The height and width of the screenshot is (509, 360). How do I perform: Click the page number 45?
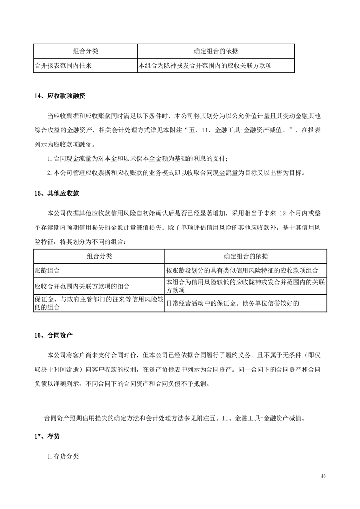point(323,475)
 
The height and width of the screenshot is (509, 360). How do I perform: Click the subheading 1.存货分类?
point(63,456)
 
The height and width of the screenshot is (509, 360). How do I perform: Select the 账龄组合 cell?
point(47,270)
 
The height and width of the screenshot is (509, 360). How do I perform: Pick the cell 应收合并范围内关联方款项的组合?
point(82,286)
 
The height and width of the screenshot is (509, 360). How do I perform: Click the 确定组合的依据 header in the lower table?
point(246,256)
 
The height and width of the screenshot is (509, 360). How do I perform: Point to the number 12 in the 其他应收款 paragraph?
point(282,213)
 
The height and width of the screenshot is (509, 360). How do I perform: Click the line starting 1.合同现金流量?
point(141,158)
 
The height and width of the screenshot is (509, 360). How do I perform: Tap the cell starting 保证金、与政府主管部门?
point(99,303)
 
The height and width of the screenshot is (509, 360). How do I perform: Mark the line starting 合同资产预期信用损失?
point(174,417)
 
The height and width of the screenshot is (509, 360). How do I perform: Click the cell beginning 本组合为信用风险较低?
point(245,286)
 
